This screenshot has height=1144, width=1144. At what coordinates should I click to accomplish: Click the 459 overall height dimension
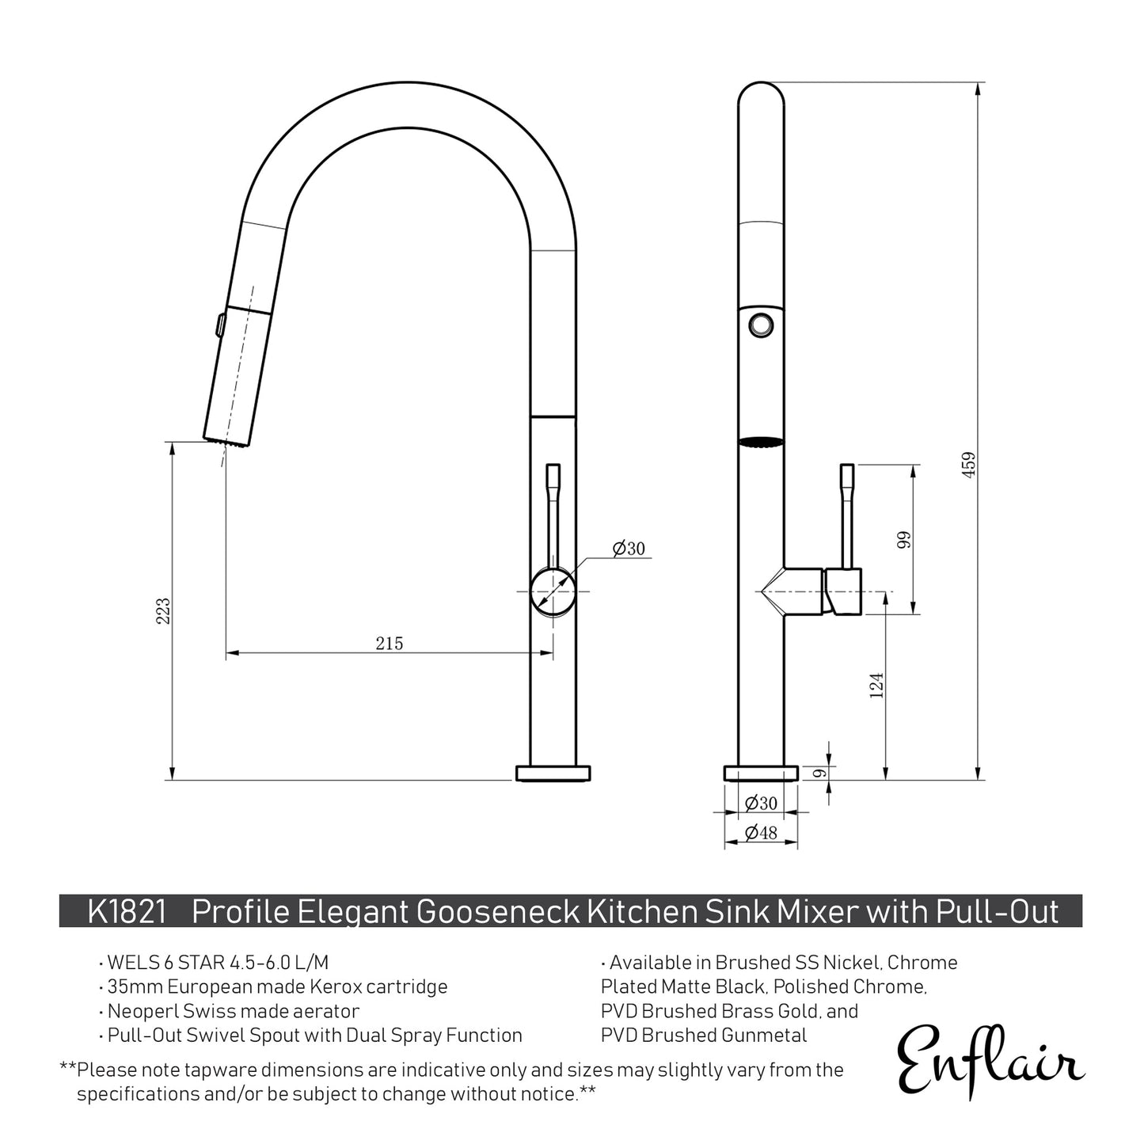tap(969, 463)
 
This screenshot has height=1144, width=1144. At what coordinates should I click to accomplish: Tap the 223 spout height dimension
tap(163, 610)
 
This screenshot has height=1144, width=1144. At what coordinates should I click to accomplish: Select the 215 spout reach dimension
tap(389, 644)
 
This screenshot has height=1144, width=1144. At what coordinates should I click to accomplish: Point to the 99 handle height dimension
tap(905, 539)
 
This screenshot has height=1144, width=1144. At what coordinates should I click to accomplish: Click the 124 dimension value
tap(876, 685)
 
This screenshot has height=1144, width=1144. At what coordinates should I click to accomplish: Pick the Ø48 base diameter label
tap(761, 832)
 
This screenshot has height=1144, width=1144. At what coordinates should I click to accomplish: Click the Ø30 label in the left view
tap(629, 548)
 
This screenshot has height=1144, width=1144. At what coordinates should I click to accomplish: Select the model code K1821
tap(127, 912)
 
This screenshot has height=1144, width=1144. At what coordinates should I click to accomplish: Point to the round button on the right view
tap(762, 323)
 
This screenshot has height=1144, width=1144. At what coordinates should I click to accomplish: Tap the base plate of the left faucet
tap(553, 773)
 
